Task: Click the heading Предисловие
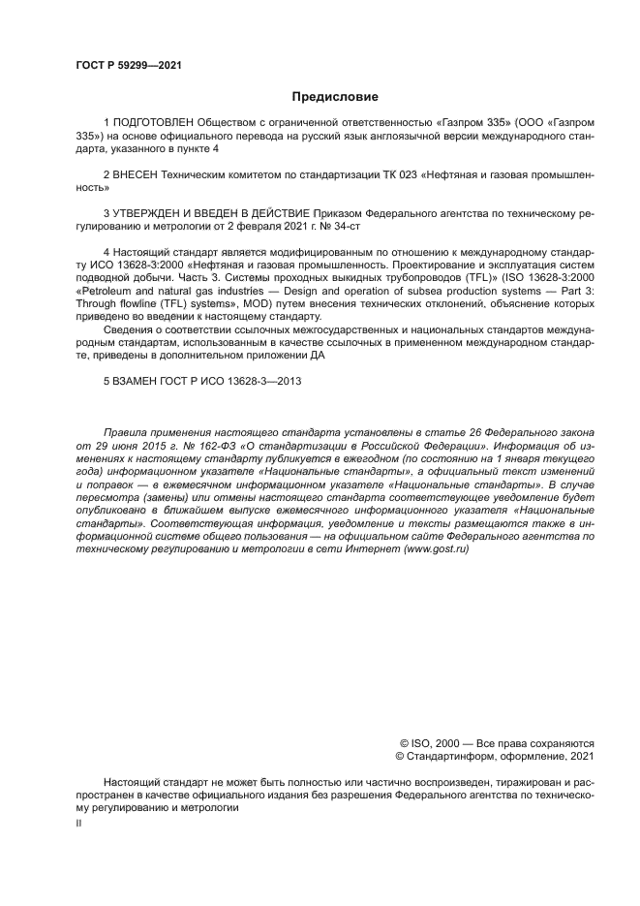point(335,97)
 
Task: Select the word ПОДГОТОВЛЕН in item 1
point(153,125)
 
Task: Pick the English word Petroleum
point(112,291)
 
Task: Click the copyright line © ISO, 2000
point(429,743)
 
